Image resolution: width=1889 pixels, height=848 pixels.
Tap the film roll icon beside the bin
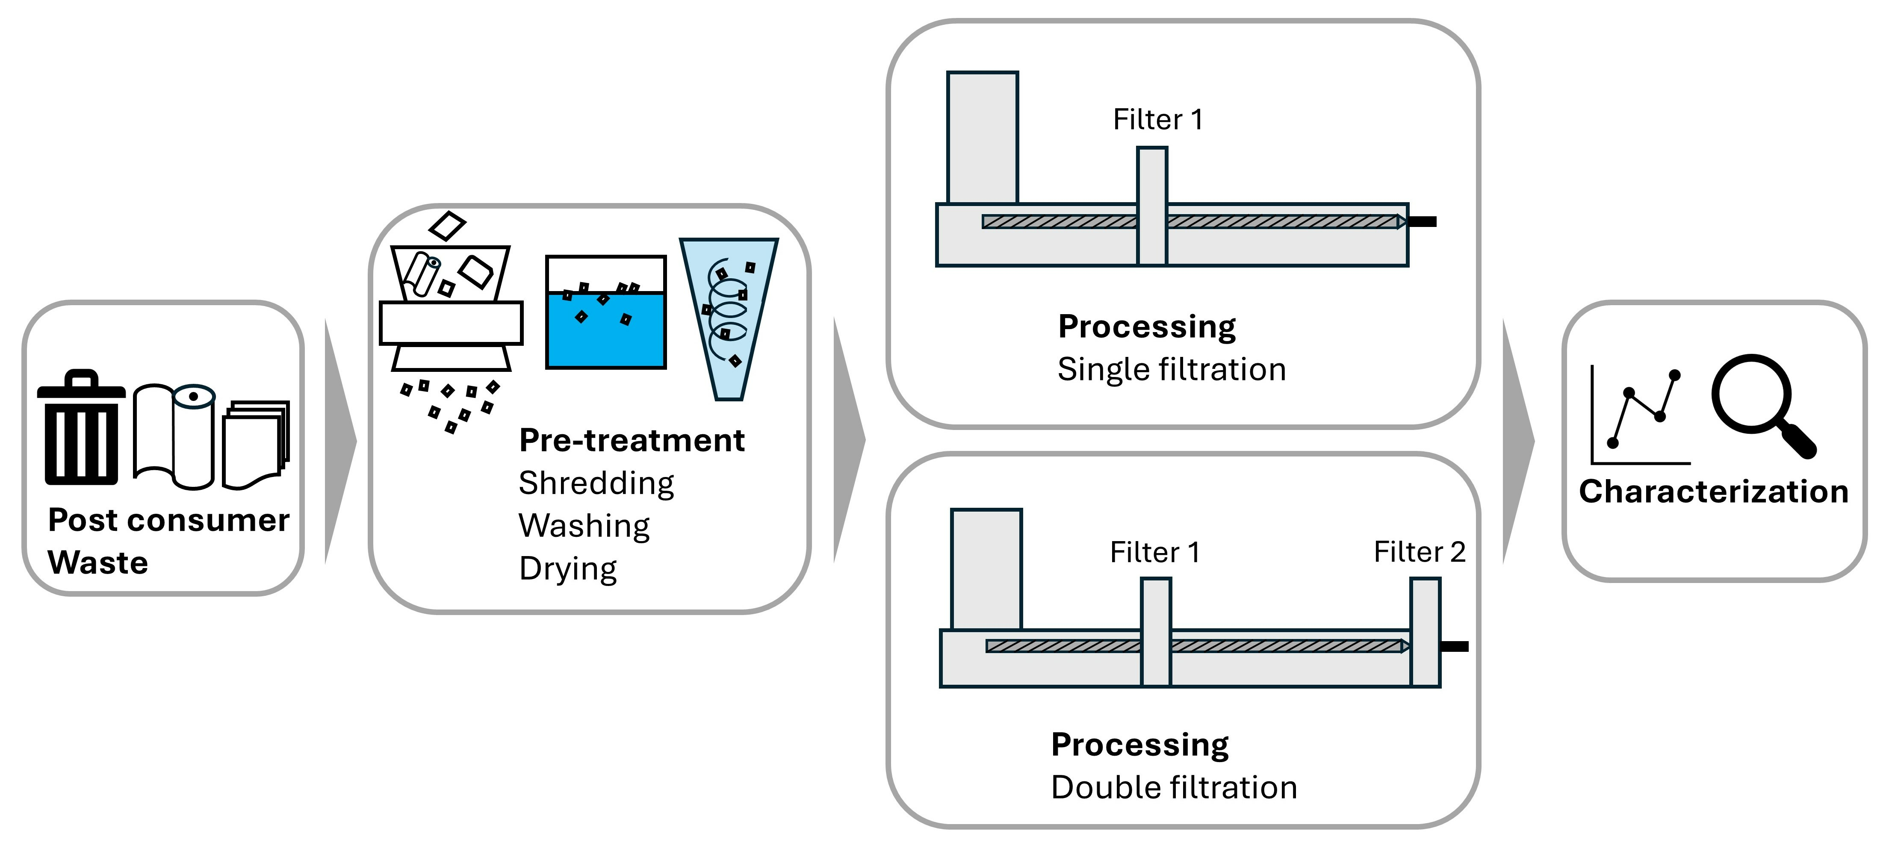pos(174,436)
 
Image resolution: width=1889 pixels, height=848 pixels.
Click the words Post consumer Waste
pos(168,541)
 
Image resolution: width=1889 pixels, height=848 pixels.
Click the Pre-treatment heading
pos(632,441)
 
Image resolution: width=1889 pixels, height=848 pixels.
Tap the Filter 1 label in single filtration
pos(1157,120)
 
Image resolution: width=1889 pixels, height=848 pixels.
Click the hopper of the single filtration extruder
pos(982,137)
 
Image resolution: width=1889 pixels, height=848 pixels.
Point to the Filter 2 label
pos(1419,552)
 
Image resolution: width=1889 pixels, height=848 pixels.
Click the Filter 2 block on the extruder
pos(1425,632)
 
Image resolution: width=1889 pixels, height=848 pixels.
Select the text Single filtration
pos(1171,369)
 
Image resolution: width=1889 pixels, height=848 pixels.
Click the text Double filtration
pos(1173,788)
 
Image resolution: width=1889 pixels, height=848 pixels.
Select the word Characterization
pos(1713,492)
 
